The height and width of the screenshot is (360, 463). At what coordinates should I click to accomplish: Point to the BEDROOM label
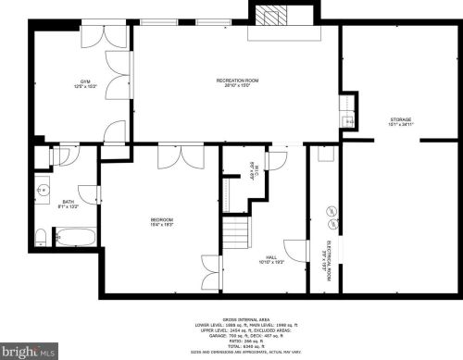coord(162,221)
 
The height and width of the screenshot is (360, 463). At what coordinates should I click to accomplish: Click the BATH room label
coord(69,204)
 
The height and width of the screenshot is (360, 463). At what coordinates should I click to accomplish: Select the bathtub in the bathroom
coord(71,238)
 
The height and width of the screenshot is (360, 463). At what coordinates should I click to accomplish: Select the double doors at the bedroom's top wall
coord(172,157)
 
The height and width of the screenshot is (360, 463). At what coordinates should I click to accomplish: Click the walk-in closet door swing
coord(273,160)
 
